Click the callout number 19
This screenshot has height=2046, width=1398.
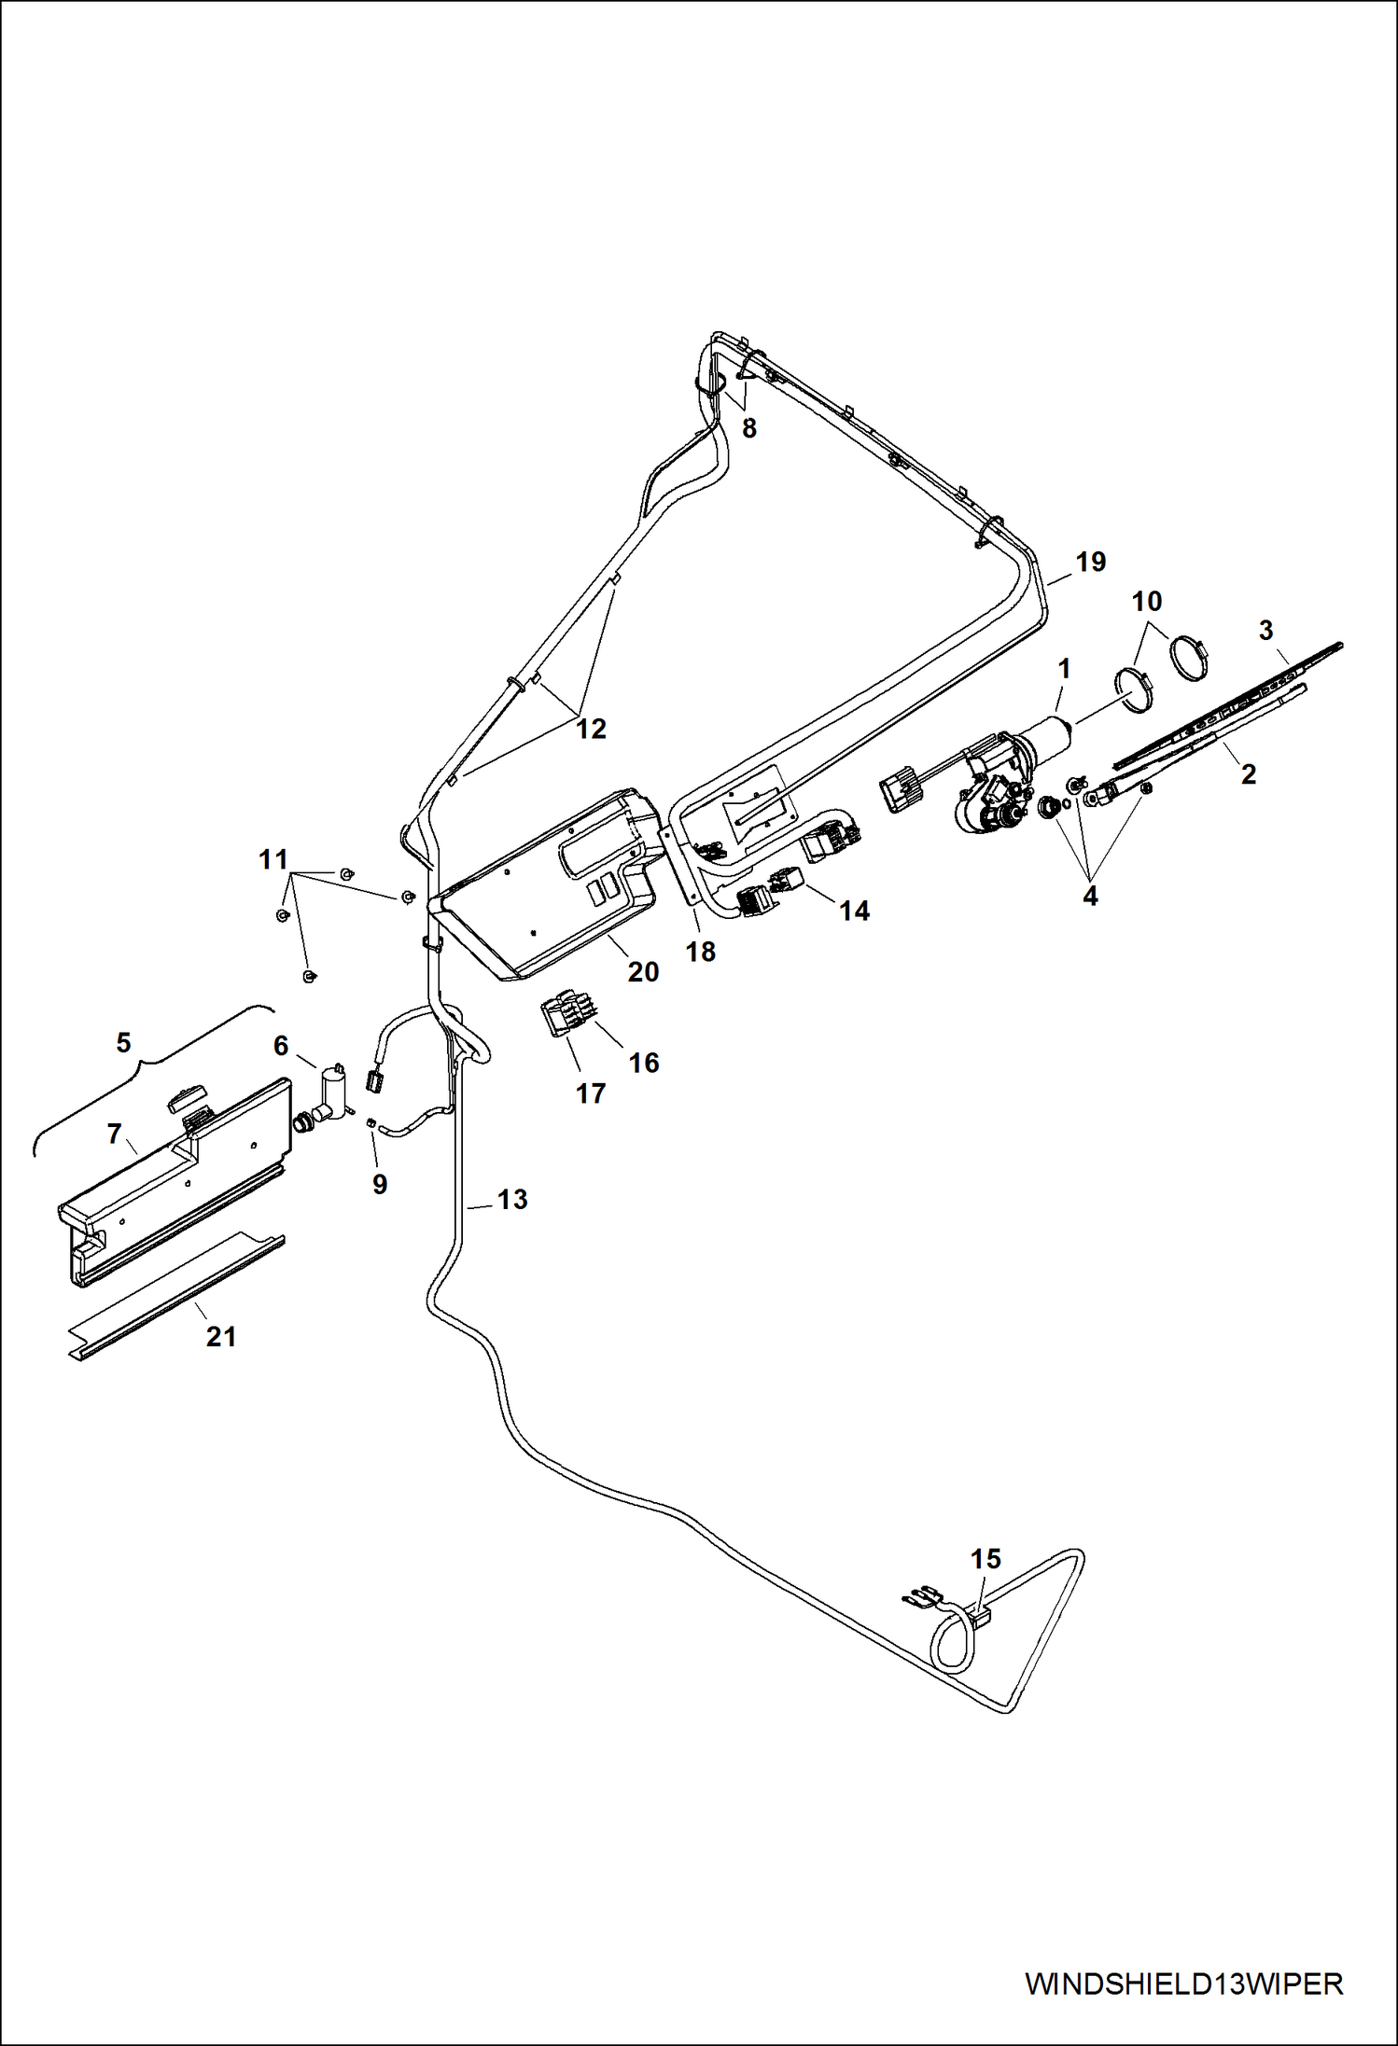[x=1090, y=562]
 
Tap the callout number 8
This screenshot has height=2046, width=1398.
[x=748, y=428]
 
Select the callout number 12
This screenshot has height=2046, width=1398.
[x=591, y=729]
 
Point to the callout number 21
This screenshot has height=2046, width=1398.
[x=221, y=1337]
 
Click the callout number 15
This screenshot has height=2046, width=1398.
[x=986, y=1559]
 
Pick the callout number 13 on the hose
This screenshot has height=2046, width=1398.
[x=511, y=1199]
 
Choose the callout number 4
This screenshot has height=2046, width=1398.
[x=1090, y=897]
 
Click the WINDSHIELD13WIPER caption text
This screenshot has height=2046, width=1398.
[x=1183, y=1983]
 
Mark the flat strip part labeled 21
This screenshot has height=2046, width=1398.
[x=177, y=1297]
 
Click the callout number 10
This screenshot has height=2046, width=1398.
[x=1146, y=602]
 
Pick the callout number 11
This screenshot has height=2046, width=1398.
[x=273, y=859]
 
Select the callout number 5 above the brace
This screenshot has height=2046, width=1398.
[x=123, y=1042]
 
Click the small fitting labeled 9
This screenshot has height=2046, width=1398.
[x=370, y=1122]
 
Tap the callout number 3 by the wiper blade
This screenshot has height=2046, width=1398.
[x=1265, y=631]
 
